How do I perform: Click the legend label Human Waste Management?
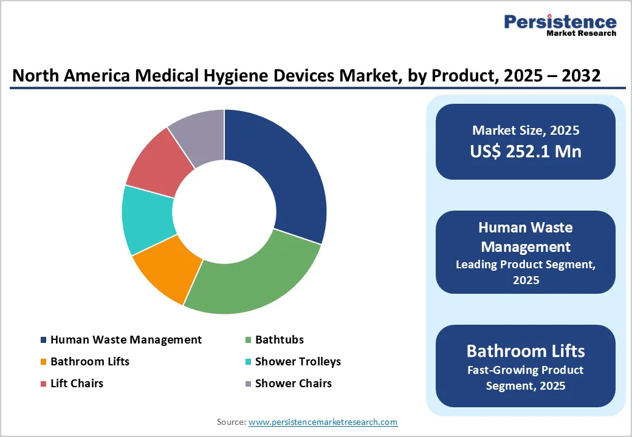[x=126, y=340]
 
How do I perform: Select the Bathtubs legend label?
[x=279, y=340]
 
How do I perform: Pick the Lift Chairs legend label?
[x=77, y=384]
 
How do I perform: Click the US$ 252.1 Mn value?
[x=526, y=151]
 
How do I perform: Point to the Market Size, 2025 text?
[x=526, y=130]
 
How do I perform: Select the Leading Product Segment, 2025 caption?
[x=526, y=272]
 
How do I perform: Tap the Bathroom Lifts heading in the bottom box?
[x=526, y=351]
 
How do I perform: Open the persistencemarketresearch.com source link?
[x=323, y=422]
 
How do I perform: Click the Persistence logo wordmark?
[x=560, y=22]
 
